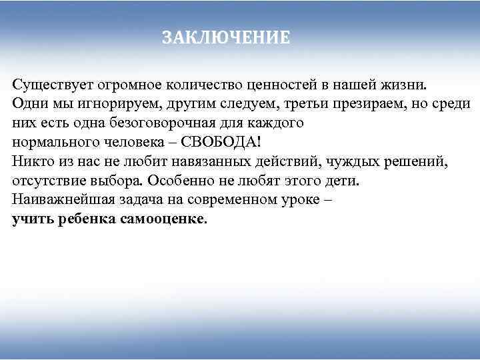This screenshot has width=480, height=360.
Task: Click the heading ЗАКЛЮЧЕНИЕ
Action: tap(226, 38)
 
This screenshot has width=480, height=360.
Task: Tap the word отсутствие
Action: tap(49, 181)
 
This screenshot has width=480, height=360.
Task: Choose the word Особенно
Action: tap(182, 181)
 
